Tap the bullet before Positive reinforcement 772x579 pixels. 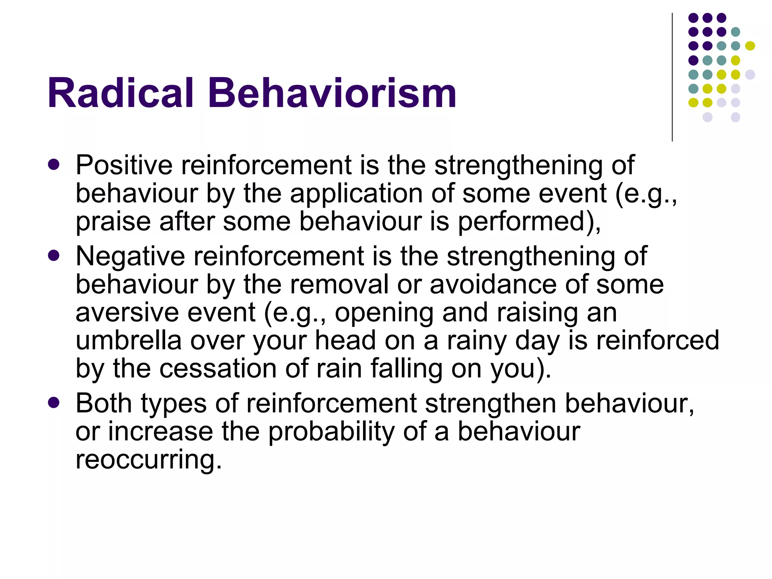click(54, 165)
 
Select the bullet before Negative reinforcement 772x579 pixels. click(54, 256)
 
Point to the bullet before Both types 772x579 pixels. click(54, 403)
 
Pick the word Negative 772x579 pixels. click(130, 256)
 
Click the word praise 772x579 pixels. click(113, 222)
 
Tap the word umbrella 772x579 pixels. click(129, 340)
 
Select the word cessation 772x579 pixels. click(218, 368)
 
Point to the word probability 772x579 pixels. click(331, 432)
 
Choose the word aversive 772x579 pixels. click(127, 313)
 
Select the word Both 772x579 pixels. click(104, 403)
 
